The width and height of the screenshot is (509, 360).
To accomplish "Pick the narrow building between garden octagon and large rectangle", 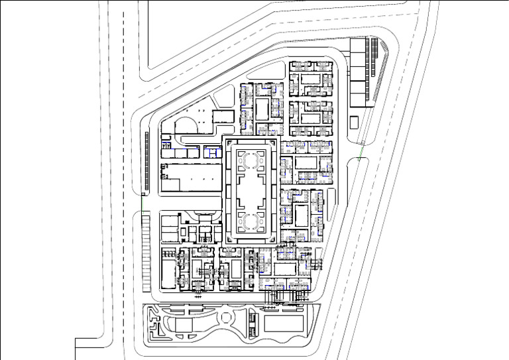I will (253, 323).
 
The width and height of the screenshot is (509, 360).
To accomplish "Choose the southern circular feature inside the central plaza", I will (251, 220).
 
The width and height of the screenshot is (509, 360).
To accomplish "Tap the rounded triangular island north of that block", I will (223, 99).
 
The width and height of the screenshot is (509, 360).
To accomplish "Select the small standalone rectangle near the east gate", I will (355, 122).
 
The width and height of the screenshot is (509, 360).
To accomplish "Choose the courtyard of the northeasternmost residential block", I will (311, 79).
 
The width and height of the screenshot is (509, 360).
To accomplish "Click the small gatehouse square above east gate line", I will (363, 143).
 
